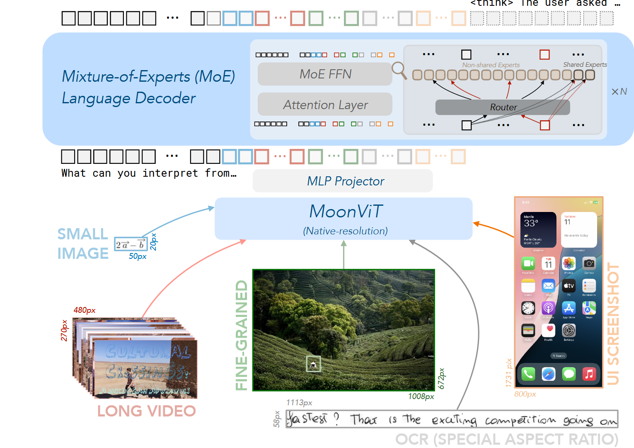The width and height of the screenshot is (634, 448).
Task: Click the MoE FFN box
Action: [x=325, y=74]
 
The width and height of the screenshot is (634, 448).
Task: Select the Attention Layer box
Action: [x=325, y=105]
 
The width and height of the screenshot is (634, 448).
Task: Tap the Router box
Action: [x=503, y=107]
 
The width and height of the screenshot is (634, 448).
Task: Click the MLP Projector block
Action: [x=343, y=181]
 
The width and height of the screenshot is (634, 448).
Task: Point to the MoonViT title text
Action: [x=346, y=212]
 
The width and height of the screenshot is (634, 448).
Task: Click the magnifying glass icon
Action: [x=399, y=70]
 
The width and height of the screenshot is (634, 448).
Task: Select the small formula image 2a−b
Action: [x=131, y=244]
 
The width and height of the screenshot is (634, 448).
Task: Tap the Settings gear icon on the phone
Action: [x=569, y=331]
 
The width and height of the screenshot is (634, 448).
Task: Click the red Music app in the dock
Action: [x=589, y=374]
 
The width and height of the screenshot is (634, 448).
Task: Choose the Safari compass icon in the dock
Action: [x=548, y=374]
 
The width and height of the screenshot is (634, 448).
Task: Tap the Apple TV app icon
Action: [x=569, y=285]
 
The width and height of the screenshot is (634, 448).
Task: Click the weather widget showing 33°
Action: [x=538, y=229]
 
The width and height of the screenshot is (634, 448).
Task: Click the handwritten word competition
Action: [x=520, y=420]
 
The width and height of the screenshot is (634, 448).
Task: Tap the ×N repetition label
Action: [x=619, y=92]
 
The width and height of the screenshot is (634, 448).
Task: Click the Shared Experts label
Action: [x=585, y=65]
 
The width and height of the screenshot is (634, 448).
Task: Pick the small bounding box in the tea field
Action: [x=313, y=364]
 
